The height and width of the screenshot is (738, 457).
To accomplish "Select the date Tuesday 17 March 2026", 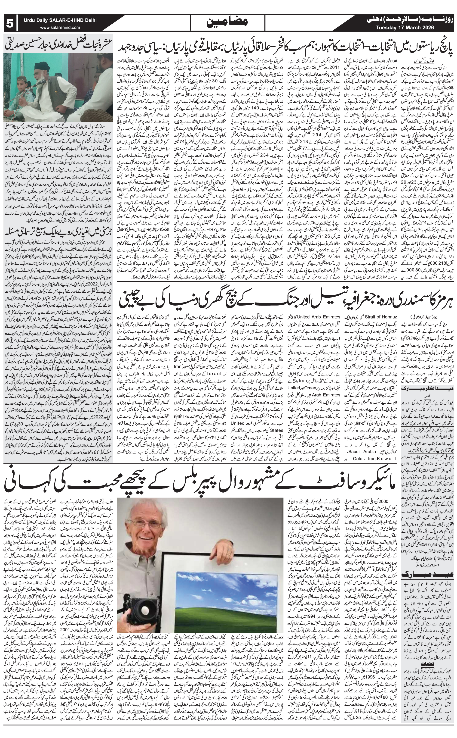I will (405, 28).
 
